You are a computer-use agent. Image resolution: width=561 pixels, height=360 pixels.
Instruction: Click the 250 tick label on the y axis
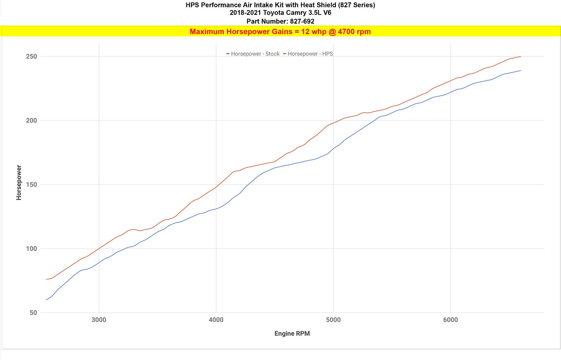[x=31, y=56]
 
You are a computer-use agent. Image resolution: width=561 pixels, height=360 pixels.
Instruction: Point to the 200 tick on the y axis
[x=31, y=120]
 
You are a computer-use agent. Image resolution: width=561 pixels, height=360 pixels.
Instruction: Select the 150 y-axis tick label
[x=31, y=184]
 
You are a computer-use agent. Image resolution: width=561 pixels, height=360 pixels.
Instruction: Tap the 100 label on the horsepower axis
[x=31, y=249]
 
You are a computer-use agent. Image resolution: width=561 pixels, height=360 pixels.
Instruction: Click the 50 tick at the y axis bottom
[x=33, y=313]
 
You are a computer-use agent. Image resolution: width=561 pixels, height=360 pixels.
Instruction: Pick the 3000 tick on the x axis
[x=99, y=320]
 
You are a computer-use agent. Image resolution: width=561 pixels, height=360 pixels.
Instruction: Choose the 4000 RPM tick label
[x=216, y=320]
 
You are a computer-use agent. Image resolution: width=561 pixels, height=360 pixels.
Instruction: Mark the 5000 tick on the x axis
[x=333, y=320]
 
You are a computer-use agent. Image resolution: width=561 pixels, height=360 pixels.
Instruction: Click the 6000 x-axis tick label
[x=450, y=320]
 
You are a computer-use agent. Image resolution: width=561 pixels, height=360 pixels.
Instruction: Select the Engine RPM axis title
[x=292, y=334]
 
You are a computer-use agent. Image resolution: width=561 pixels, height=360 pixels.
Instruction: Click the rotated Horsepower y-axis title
[x=19, y=183]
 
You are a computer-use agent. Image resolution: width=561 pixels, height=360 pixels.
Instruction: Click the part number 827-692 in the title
[x=302, y=21]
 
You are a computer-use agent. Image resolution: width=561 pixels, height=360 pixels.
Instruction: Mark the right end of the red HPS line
[x=521, y=56]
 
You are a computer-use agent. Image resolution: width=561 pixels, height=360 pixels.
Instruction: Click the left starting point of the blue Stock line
[x=46, y=300]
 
